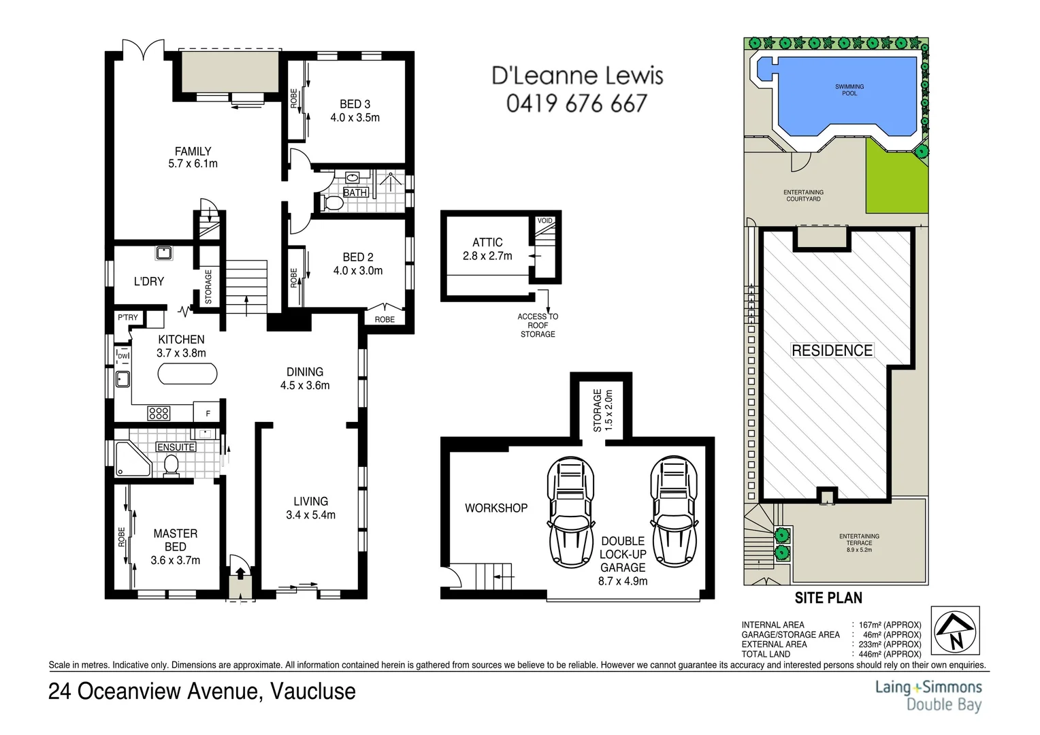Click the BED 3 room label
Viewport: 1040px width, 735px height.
[355, 104]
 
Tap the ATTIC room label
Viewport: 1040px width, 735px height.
[487, 242]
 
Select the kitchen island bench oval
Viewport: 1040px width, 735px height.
[187, 374]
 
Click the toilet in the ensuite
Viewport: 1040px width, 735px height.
[171, 465]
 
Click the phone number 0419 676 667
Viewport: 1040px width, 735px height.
[576, 103]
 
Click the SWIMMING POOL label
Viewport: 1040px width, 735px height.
[849, 90]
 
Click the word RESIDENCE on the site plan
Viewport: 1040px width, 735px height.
[832, 350]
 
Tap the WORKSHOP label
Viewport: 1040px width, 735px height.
[495, 508]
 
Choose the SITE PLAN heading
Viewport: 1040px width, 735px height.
[828, 598]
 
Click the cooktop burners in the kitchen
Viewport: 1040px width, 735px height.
[159, 413]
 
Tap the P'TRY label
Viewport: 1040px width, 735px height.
[127, 317]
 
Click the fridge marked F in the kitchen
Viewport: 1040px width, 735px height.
[208, 413]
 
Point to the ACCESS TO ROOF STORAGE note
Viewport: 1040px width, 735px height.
[537, 325]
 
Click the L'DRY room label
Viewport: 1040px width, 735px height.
[148, 281]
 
